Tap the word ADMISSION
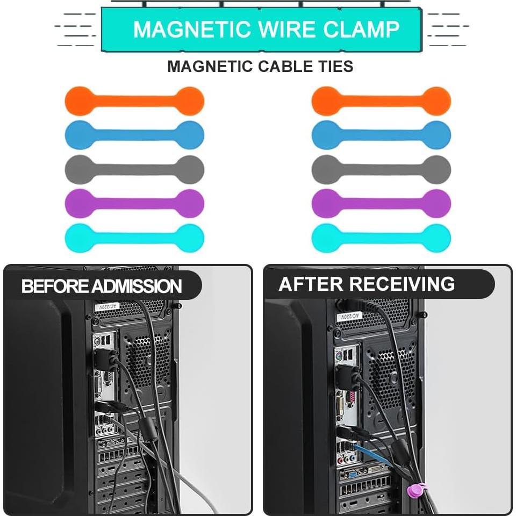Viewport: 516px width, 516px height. (137, 286)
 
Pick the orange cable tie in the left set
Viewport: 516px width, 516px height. (134, 101)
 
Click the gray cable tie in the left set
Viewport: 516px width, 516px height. (134, 169)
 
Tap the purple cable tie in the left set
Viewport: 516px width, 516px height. (134, 203)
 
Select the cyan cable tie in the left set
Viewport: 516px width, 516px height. (134, 238)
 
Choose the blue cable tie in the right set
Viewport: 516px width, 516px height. (381, 135)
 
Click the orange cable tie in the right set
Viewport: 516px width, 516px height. (381, 101)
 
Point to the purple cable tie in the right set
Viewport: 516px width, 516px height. (381, 203)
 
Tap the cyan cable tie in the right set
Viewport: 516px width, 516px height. (381, 238)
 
